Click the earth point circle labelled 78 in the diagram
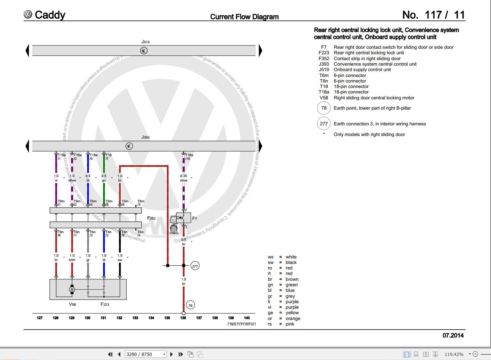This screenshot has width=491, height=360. point(190,305)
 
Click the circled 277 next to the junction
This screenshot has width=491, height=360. point(195,266)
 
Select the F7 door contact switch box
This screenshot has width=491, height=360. point(184,218)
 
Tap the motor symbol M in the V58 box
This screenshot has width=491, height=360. point(72,290)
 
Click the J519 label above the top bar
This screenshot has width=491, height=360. point(145,42)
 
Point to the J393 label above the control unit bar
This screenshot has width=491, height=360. point(145,137)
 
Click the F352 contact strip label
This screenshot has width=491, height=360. point(152,218)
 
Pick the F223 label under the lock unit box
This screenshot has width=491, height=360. point(105,304)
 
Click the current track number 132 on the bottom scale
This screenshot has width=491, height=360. point(119,318)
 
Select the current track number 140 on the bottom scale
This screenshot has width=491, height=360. point(247,318)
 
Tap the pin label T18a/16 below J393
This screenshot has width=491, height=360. point(189,157)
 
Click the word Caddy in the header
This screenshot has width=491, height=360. point(50,15)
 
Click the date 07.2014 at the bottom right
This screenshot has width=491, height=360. point(453,335)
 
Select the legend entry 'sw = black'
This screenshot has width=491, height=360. point(282,262)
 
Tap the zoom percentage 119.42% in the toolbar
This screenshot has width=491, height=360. point(454,354)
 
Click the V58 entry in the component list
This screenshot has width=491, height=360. point(367,98)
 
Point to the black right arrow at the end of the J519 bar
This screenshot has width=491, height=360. point(260,51)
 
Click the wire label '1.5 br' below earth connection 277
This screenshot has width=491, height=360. point(183,281)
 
